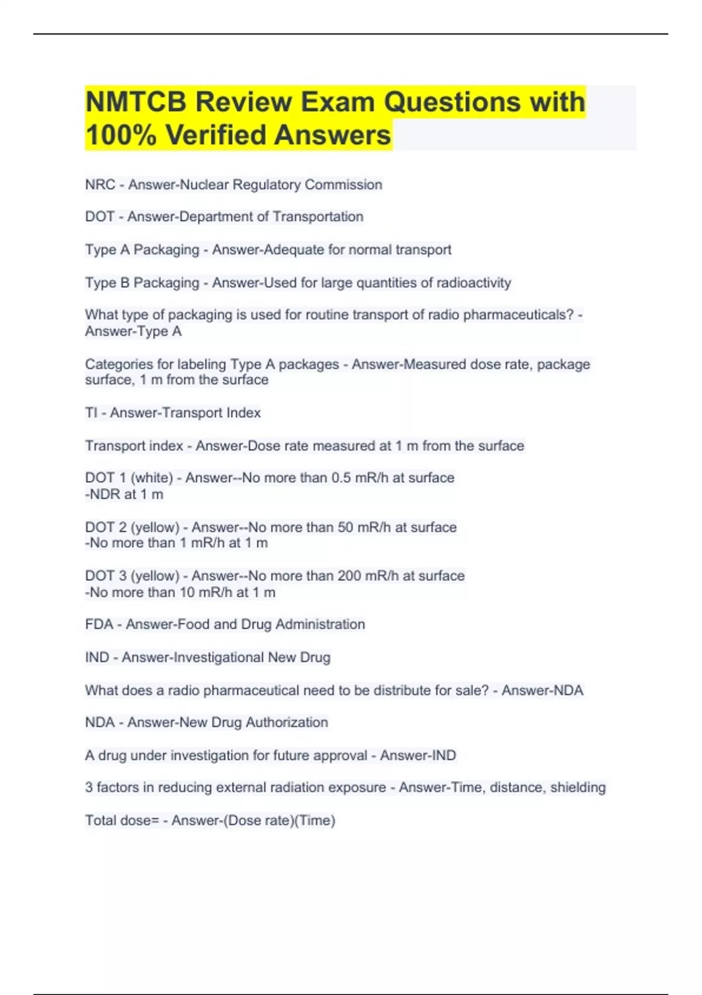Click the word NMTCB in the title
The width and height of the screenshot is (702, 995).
(135, 102)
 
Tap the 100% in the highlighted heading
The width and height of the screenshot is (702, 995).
(121, 135)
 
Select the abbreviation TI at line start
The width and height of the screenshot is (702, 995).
(91, 413)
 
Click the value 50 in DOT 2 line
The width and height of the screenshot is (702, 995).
(345, 527)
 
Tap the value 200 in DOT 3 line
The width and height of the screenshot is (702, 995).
(349, 576)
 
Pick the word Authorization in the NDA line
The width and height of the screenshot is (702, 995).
(287, 723)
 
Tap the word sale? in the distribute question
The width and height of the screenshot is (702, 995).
(471, 691)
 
